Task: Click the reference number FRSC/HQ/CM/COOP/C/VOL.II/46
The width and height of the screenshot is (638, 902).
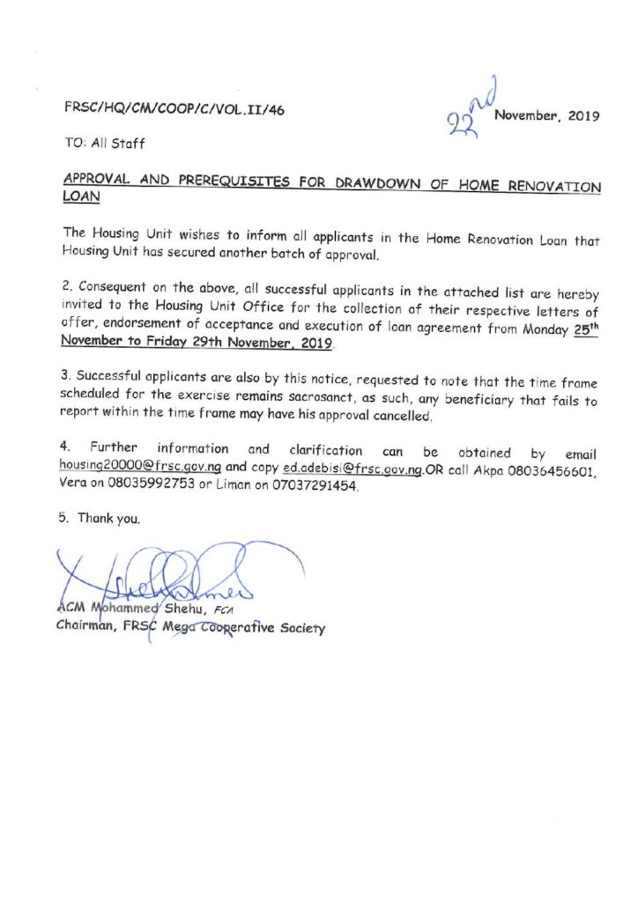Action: click(x=174, y=109)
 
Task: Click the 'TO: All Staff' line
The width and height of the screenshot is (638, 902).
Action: click(x=105, y=143)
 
